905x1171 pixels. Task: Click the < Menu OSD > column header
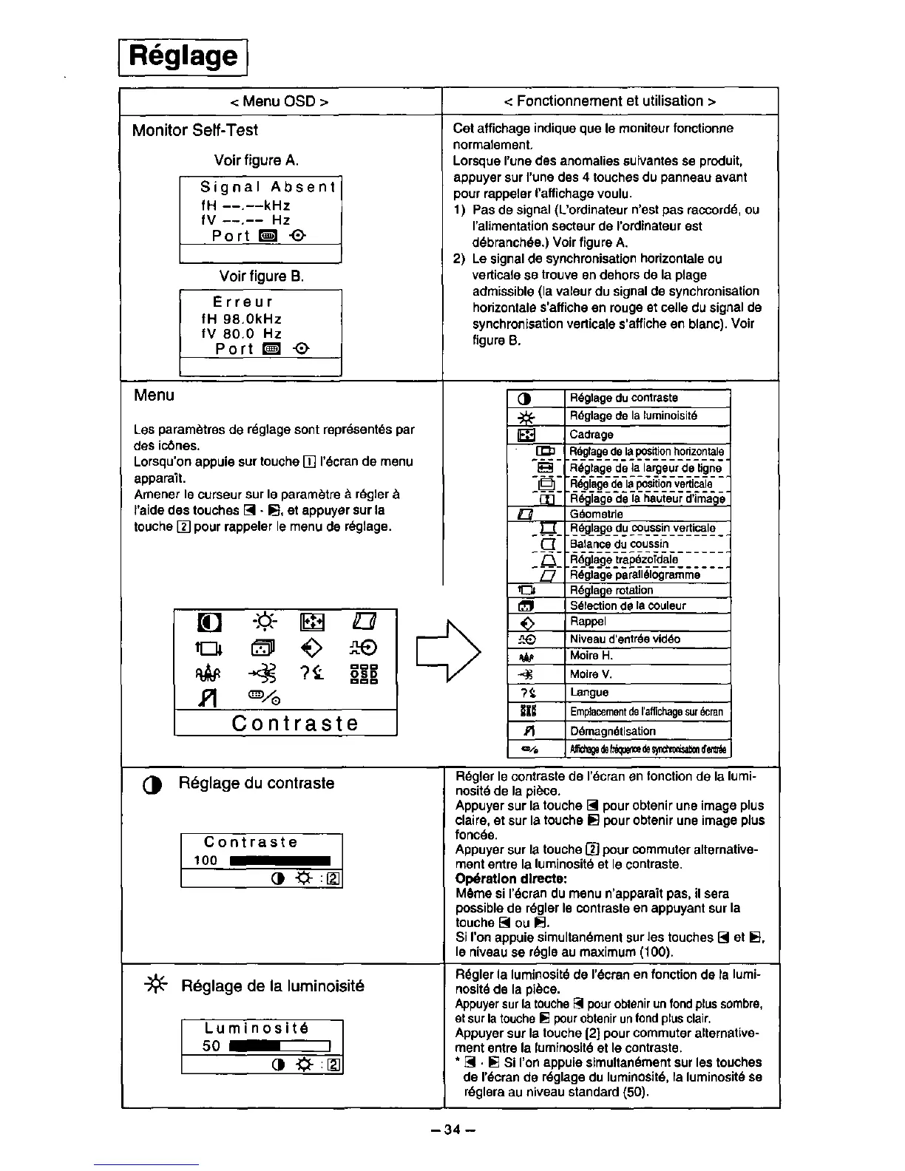[x=281, y=101]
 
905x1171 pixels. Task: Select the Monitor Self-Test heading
[x=194, y=131]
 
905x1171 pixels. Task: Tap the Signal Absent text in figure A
[x=268, y=188]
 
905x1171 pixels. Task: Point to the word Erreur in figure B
[x=243, y=302]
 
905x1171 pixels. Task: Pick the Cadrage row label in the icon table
[x=592, y=435]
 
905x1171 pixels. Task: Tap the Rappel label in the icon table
[x=588, y=622]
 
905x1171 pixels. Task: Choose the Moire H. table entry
[x=591, y=656]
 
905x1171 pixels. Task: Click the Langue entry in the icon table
[x=589, y=693]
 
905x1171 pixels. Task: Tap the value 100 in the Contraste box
[x=206, y=861]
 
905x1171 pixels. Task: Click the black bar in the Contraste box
[x=280, y=861]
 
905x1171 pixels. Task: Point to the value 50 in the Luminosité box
[x=211, y=1046]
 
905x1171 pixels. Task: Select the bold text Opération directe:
[x=511, y=879]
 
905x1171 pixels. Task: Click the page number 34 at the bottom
[x=452, y=1130]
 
